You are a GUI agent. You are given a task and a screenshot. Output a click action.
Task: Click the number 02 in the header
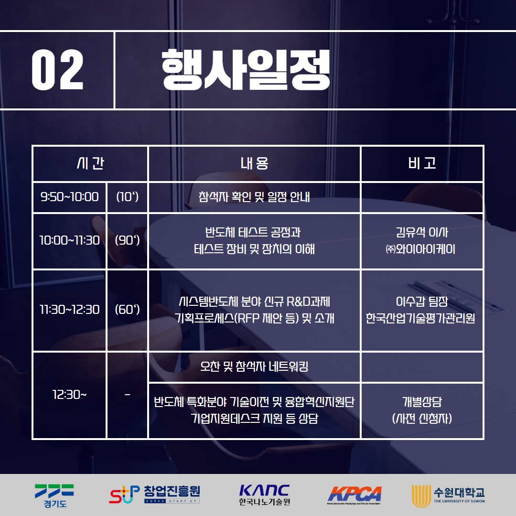[58, 70]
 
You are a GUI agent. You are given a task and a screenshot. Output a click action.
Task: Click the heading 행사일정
[246, 70]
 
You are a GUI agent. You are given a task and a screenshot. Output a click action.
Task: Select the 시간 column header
[90, 163]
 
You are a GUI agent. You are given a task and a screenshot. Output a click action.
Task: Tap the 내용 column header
[254, 163]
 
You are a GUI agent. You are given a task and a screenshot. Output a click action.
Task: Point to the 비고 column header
[422, 163]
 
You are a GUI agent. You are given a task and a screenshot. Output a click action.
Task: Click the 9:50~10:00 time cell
[69, 197]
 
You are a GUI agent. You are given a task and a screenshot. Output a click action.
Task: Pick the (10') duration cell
[128, 197]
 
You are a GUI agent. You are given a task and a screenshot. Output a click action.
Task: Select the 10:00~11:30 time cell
[69, 240]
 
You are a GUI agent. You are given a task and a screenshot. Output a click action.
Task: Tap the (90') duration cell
[128, 240]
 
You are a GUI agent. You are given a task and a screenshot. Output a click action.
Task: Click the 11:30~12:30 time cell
[69, 310]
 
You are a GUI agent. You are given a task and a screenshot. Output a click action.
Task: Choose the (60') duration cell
[128, 310]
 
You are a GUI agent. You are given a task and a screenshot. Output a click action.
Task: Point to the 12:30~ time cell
[69, 395]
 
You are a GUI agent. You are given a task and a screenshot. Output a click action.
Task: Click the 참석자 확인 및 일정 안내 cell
[254, 197]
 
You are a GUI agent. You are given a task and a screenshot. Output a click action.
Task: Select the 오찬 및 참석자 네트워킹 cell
[254, 366]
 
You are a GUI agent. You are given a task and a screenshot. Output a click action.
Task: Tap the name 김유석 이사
[422, 232]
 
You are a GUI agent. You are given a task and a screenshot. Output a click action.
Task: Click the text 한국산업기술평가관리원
[420, 318]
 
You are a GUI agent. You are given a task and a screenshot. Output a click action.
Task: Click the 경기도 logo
[54, 496]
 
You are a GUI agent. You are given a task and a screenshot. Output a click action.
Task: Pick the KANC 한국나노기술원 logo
[265, 495]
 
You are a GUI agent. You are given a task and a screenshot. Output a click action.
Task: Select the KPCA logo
[355, 495]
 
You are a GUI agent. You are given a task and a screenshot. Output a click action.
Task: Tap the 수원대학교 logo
[448, 496]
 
